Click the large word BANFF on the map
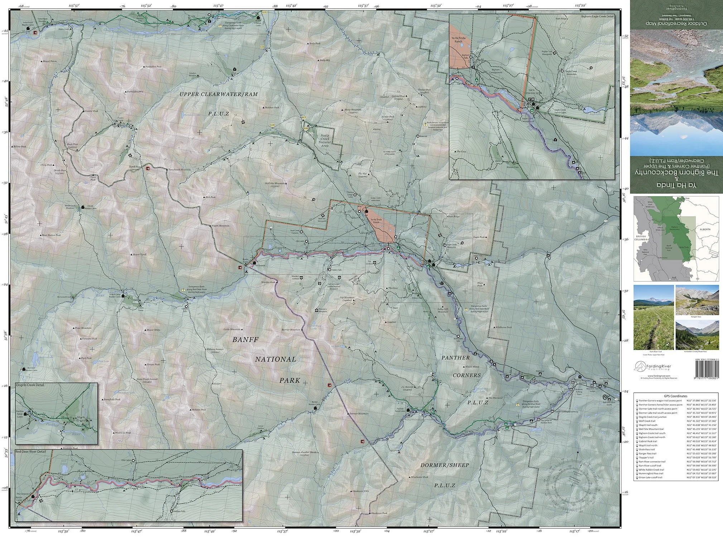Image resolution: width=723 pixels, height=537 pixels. pos(245,340)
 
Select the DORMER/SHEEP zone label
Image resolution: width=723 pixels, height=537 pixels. pos(444,465)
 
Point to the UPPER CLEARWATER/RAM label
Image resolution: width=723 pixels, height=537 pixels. pos(218,94)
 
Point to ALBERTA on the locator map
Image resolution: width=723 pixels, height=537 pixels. pos(702,229)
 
